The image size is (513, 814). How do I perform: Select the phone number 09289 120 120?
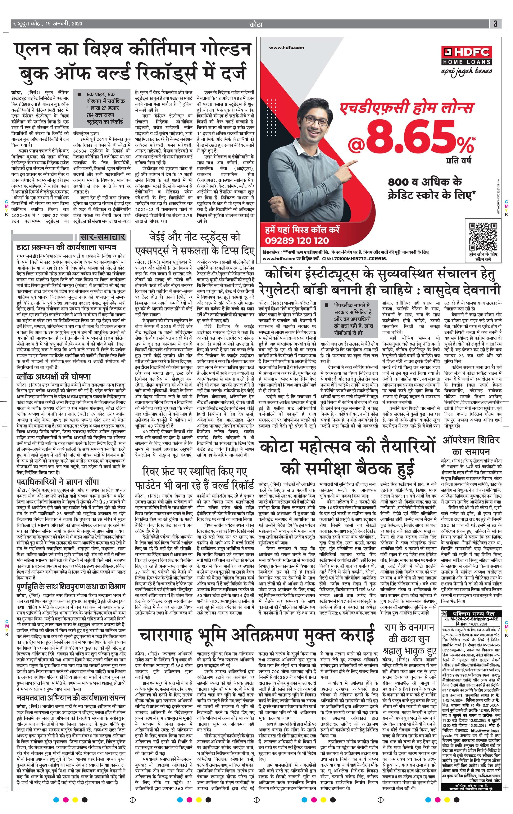click(297, 241)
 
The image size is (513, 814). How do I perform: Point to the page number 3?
click(495, 24)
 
